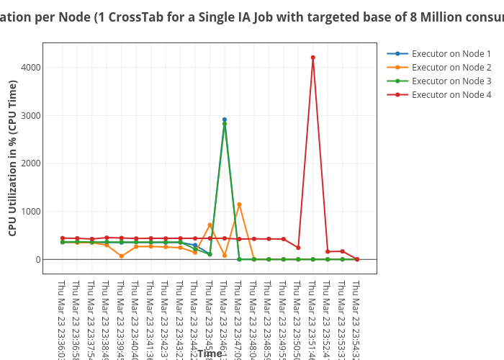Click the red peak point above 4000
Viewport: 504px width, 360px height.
(312, 58)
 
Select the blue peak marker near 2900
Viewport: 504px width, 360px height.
(225, 120)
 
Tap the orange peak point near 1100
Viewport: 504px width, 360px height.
(239, 204)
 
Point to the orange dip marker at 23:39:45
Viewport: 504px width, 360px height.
(121, 256)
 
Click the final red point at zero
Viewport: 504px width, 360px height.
(357, 259)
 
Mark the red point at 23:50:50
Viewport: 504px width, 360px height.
(298, 248)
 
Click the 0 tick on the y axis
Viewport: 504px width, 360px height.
(36, 259)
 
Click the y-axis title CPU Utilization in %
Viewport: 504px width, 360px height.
(12, 158)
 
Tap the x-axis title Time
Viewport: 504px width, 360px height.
(210, 354)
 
